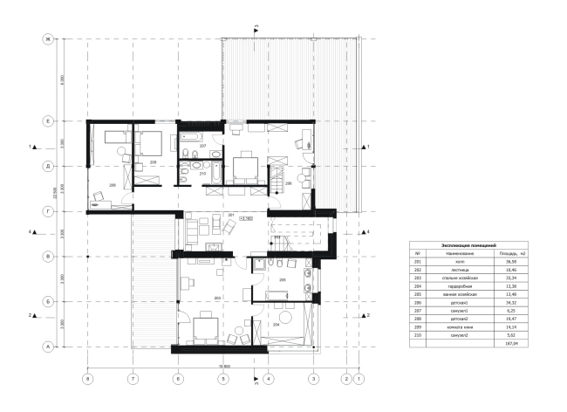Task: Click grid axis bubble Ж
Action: coord(50,39)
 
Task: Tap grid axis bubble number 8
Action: coord(86,379)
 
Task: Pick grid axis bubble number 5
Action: coord(222,379)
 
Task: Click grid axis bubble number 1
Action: coord(359,379)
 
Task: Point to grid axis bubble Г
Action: coord(50,210)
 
